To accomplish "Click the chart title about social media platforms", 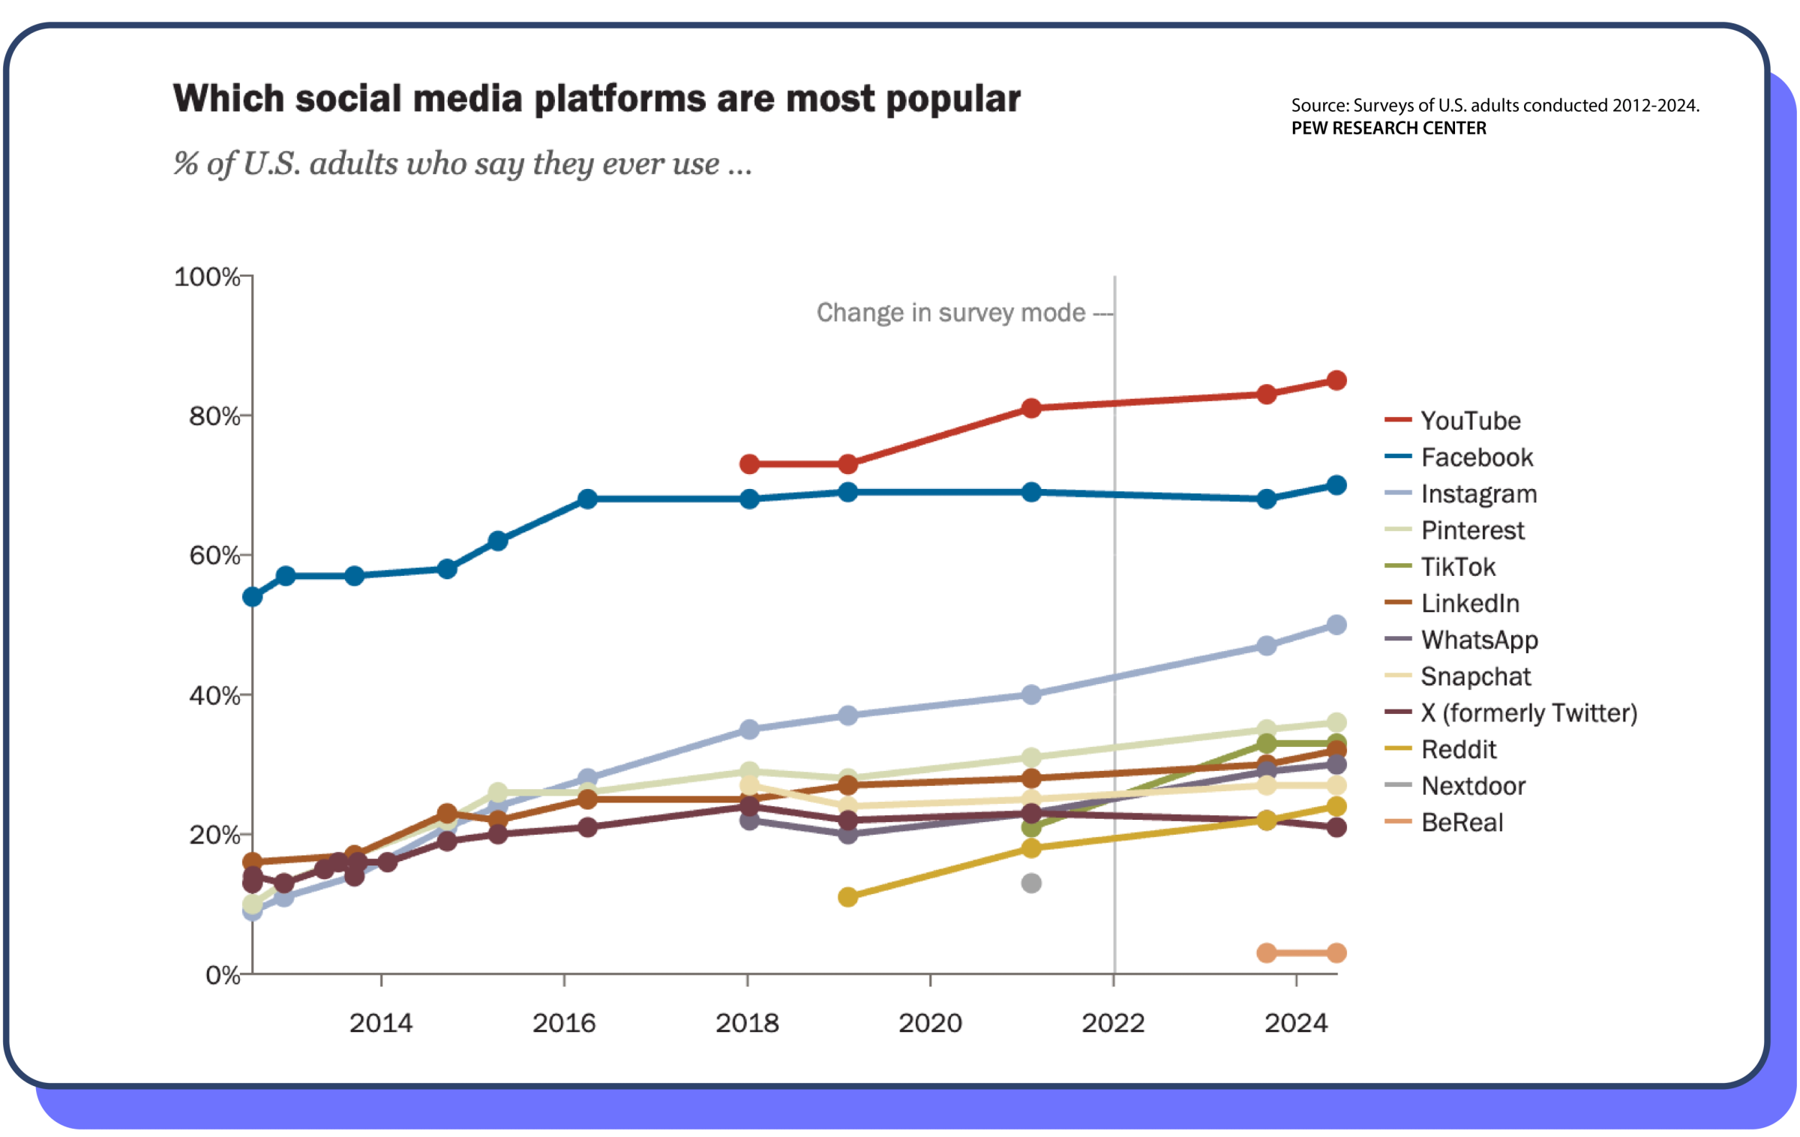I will [596, 99].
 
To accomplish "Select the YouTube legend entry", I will [1470, 421].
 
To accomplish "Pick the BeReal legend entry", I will [1462, 823].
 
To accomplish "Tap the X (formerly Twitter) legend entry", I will [1528, 713].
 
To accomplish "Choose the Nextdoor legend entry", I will [1473, 786].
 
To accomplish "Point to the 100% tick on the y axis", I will [207, 277].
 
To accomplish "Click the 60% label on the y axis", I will [214, 556].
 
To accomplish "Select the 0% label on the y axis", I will [223, 975].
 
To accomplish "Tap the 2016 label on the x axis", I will [564, 1023].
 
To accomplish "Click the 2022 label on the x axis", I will [1113, 1023].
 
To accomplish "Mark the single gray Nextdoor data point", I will [1031, 883].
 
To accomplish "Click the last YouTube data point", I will [1336, 380].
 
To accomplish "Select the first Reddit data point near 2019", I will [847, 897].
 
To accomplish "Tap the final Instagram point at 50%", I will [1336, 625].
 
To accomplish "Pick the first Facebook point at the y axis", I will [253, 597].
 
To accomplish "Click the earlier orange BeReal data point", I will [1267, 953].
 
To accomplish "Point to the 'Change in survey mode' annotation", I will [951, 313].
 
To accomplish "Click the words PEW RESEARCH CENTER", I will [1388, 128].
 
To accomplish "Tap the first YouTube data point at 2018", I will [749, 464].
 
